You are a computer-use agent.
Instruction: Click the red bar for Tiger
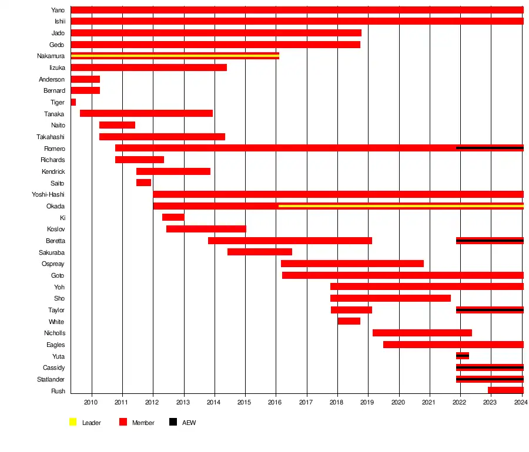click(73, 102)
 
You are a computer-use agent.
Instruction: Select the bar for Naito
click(117, 125)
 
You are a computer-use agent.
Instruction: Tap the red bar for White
click(349, 321)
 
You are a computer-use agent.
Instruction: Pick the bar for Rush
click(505, 390)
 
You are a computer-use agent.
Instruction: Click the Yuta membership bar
click(463, 356)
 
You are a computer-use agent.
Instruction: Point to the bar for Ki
click(173, 217)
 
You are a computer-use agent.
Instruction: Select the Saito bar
click(143, 183)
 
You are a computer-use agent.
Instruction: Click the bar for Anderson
click(85, 79)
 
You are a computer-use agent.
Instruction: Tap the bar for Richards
click(139, 160)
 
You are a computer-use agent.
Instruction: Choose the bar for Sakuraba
click(259, 252)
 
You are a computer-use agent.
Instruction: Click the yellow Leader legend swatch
click(73, 422)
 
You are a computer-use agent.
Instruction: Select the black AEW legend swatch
click(173, 422)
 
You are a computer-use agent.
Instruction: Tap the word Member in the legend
click(143, 423)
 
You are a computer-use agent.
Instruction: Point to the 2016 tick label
click(274, 402)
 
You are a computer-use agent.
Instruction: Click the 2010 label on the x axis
click(91, 402)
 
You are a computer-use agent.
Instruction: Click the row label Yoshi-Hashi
click(48, 194)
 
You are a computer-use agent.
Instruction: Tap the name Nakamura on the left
click(51, 56)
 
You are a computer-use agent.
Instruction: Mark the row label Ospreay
click(53, 264)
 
